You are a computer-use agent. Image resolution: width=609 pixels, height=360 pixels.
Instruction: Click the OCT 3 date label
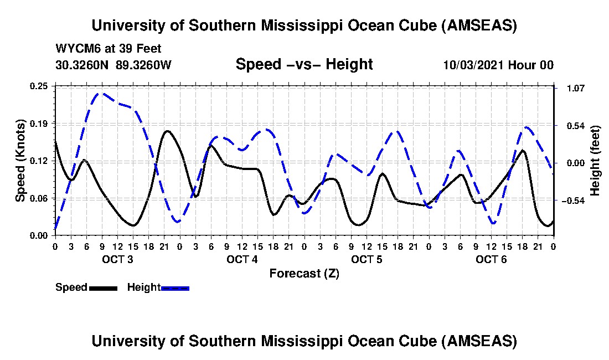117,259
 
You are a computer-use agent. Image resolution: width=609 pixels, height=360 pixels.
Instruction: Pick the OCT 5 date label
367,259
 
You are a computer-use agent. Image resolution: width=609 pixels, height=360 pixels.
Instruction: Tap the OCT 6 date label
492,259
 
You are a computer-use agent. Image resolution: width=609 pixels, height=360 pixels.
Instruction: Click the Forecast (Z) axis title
304,273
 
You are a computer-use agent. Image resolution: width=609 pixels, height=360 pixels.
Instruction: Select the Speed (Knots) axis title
20,161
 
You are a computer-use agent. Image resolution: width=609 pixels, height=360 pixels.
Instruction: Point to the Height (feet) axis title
595,161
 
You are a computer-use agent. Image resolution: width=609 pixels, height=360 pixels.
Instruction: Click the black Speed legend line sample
102,288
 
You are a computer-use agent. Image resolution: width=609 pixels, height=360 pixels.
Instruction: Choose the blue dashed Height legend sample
175,288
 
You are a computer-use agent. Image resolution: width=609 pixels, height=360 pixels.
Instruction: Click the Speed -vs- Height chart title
304,64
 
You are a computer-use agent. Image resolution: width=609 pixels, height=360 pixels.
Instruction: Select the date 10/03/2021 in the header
473,65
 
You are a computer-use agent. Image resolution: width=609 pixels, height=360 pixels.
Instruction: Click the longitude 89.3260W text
144,65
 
